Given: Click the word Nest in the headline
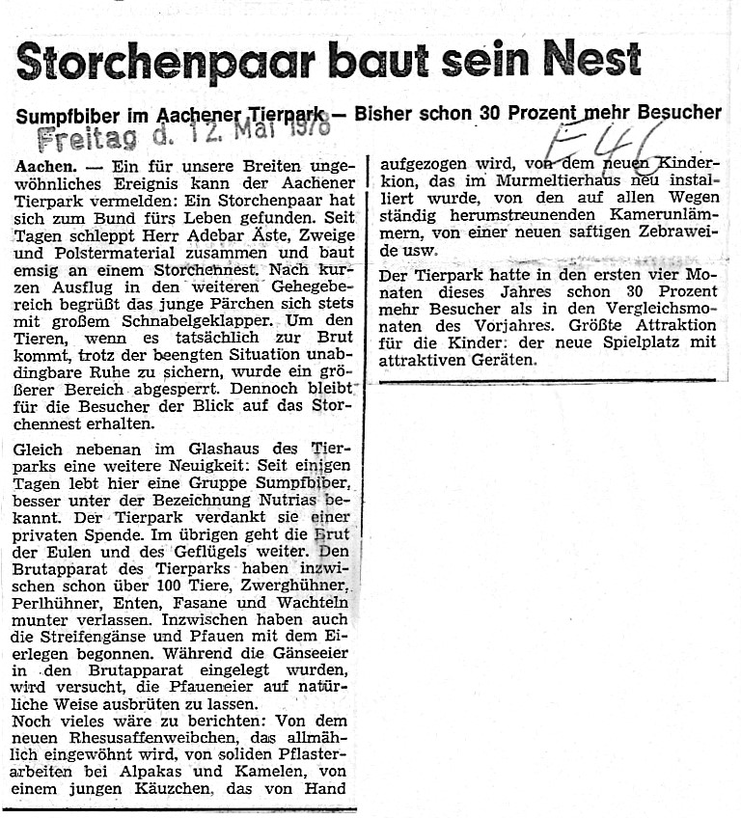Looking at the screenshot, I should point(591,59).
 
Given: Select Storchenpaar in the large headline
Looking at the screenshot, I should point(165,62).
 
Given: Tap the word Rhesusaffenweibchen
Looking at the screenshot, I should point(150,738).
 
